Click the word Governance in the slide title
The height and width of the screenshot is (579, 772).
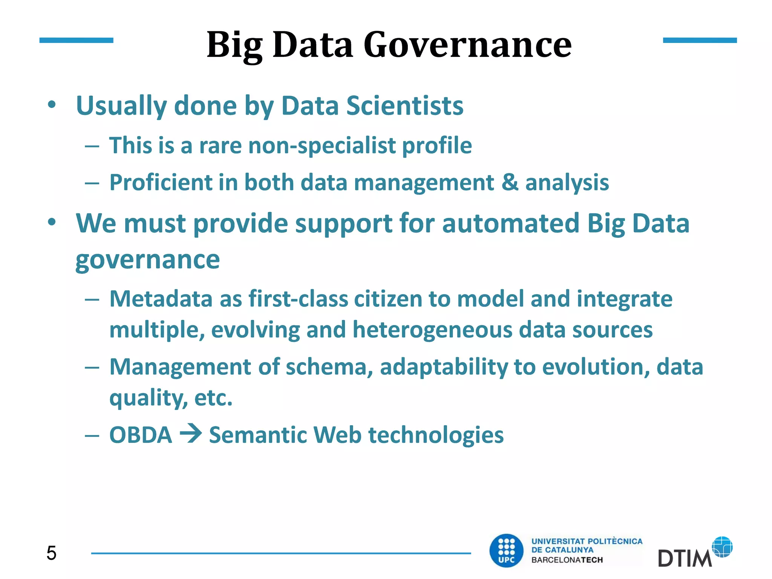(467, 45)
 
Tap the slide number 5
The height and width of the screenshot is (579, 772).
(51, 553)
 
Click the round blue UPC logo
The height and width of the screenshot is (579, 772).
(506, 551)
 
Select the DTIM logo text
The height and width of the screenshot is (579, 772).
(684, 558)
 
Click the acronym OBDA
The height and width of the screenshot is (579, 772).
(141, 435)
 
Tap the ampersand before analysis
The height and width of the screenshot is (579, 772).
(510, 182)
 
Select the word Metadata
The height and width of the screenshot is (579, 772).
(161, 299)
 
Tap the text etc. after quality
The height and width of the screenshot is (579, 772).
(213, 398)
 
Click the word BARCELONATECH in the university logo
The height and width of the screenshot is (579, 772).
(567, 560)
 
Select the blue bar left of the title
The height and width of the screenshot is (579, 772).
(76, 40)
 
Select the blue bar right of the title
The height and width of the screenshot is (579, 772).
(700, 40)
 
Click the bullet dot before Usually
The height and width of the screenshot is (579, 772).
(52, 104)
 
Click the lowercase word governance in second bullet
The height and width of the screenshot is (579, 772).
(147, 260)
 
